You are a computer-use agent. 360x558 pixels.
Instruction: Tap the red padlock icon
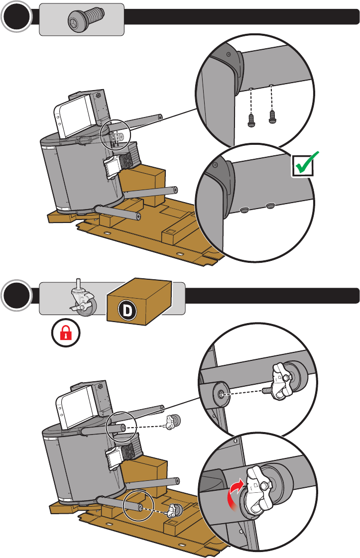coord(66,333)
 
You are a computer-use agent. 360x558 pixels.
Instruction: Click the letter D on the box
coord(127,310)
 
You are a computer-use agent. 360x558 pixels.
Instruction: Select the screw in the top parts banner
coord(86,19)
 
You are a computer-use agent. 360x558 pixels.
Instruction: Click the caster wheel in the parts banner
coord(84,298)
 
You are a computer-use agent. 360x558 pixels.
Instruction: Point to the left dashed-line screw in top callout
coord(251,119)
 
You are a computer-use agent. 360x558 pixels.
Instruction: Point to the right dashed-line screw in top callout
coord(272,117)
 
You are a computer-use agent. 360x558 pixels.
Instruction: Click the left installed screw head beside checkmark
coord(244,211)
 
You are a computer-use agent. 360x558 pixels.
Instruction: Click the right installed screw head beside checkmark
coord(270,206)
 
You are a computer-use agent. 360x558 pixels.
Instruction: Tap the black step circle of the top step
coord(16,16)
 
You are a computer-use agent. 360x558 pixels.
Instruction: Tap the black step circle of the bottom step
coord(16,295)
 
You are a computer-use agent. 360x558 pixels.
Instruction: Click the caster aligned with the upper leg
coord(172,422)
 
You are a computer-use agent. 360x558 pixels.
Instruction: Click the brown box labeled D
coord(139,302)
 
